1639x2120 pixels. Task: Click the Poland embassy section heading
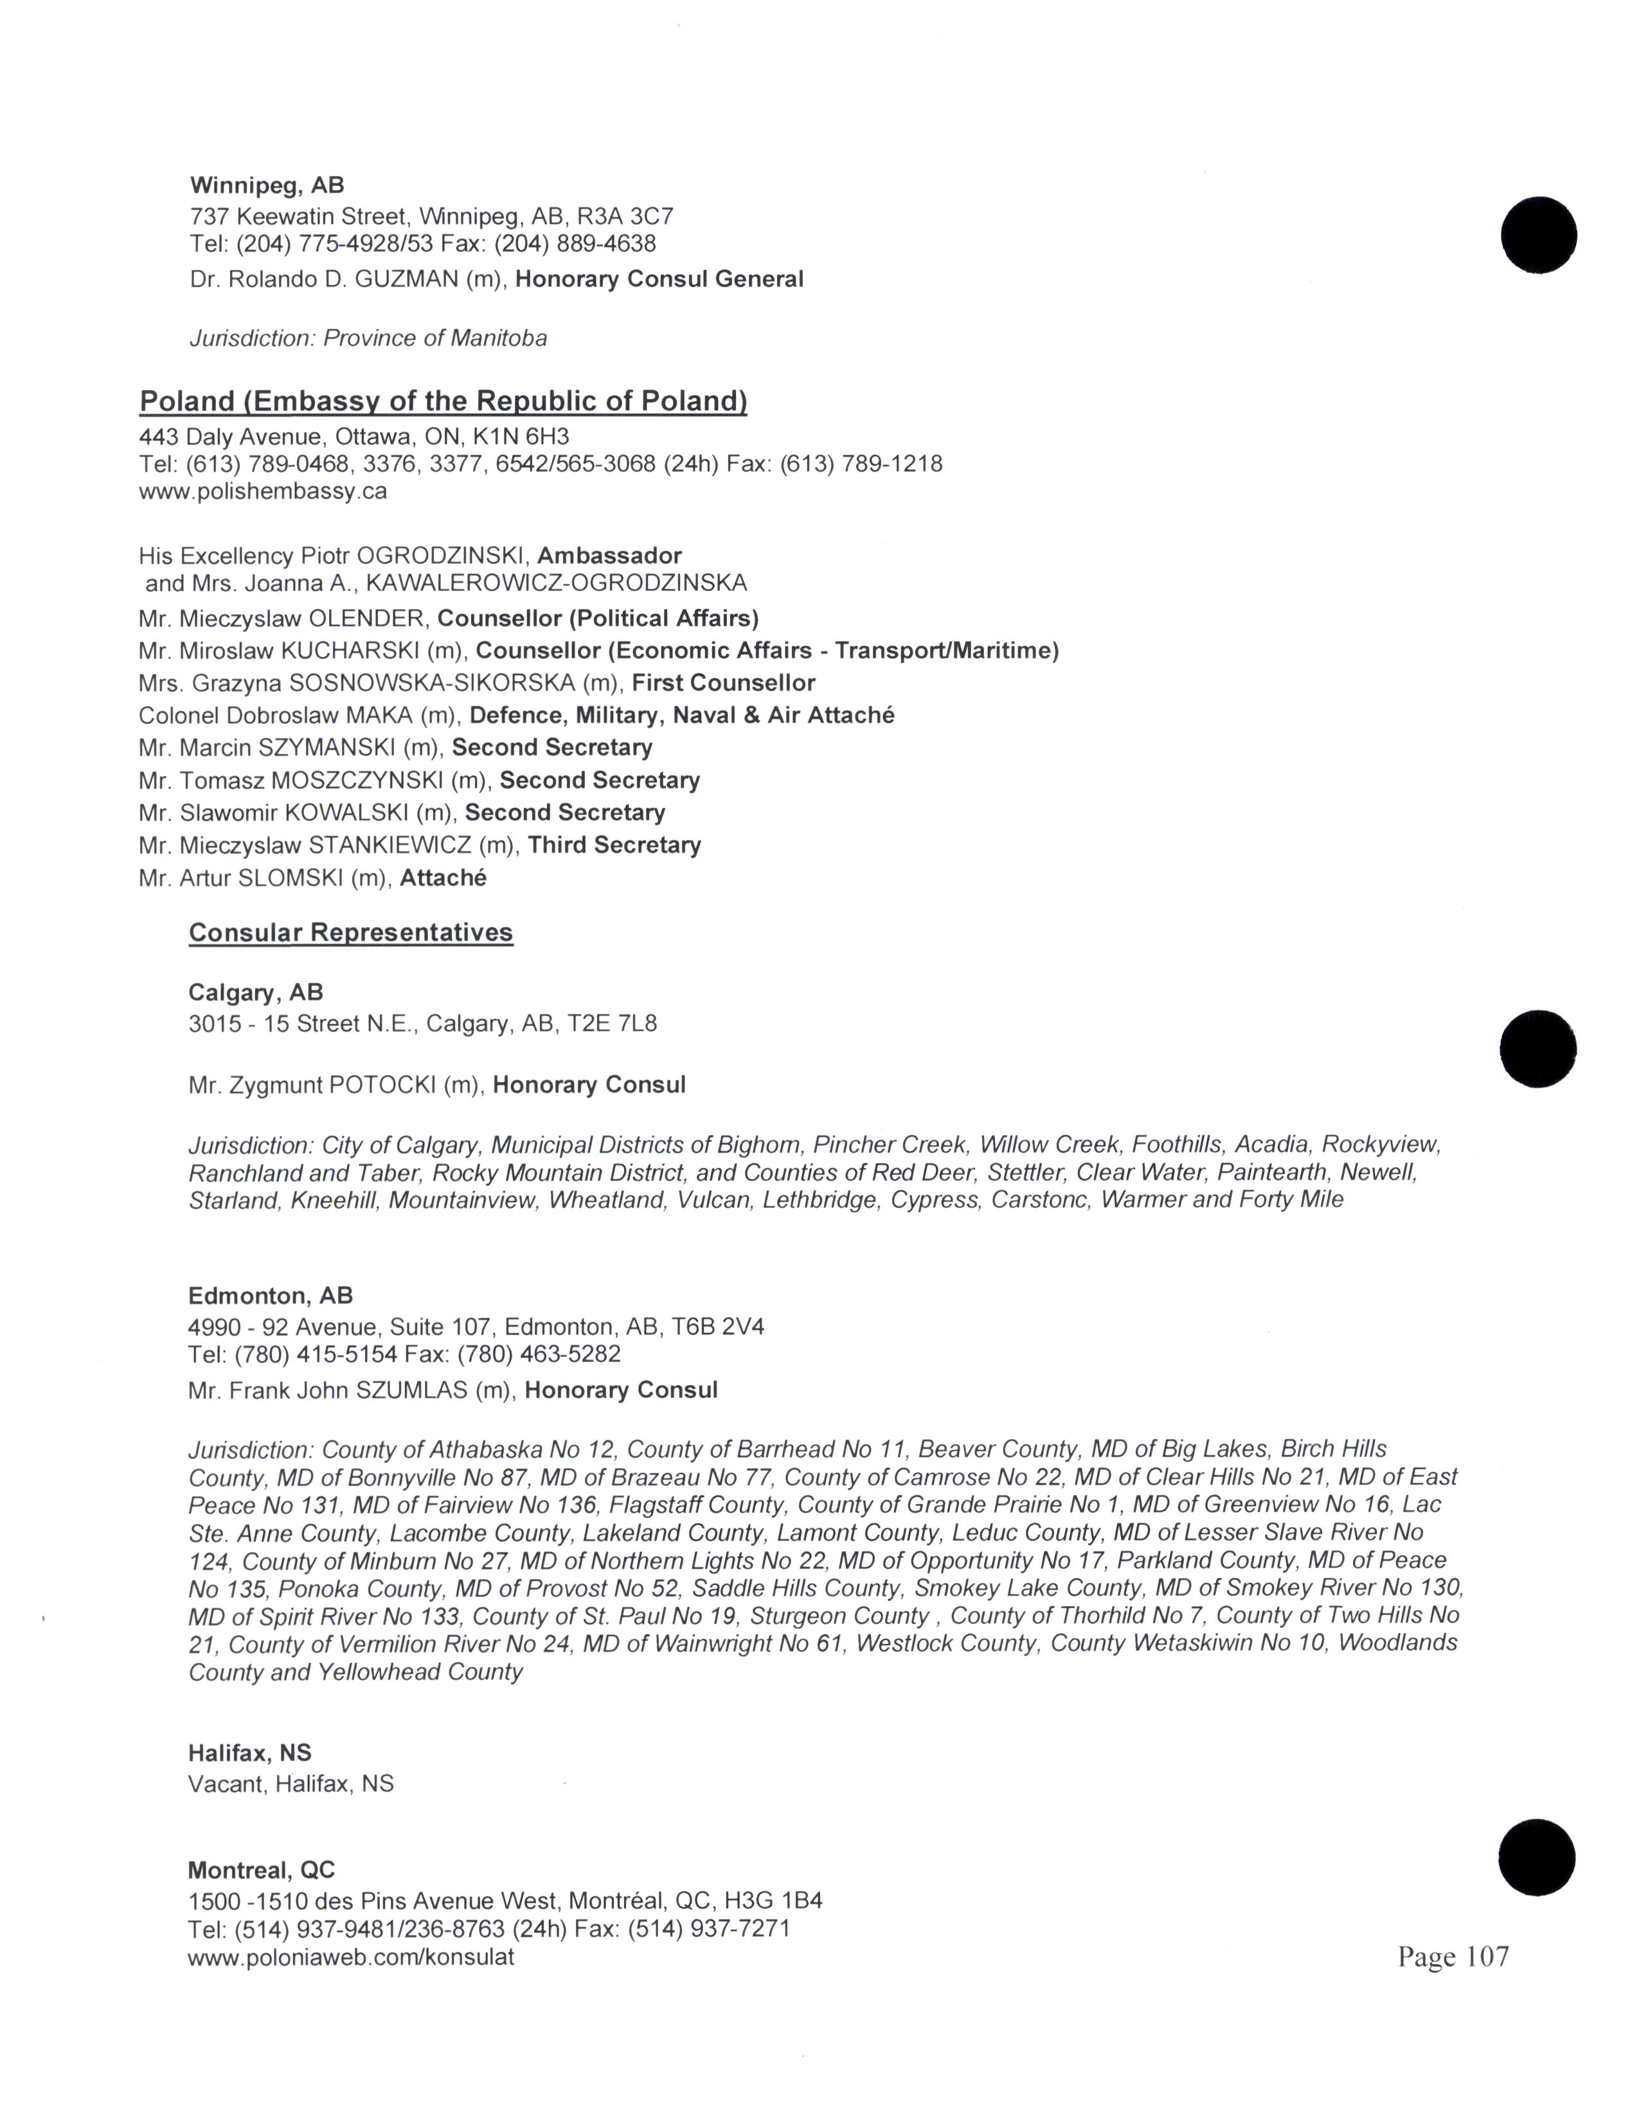pos(443,401)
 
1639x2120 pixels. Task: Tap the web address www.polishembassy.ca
pos(263,491)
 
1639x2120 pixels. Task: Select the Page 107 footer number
pos(1453,1956)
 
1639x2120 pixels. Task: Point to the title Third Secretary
pos(614,845)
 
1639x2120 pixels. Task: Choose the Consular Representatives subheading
pos(350,932)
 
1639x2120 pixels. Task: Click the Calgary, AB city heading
pos(255,992)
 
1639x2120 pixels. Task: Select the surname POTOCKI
pos(382,1084)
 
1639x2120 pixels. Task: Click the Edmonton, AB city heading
pos(271,1295)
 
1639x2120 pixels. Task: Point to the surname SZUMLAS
pos(412,1390)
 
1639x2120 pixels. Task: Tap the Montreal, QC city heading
pos(261,1869)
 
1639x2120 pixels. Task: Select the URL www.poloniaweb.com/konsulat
pos(350,1957)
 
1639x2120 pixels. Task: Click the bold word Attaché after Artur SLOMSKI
pos(443,878)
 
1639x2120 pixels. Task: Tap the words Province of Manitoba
pos(435,338)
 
